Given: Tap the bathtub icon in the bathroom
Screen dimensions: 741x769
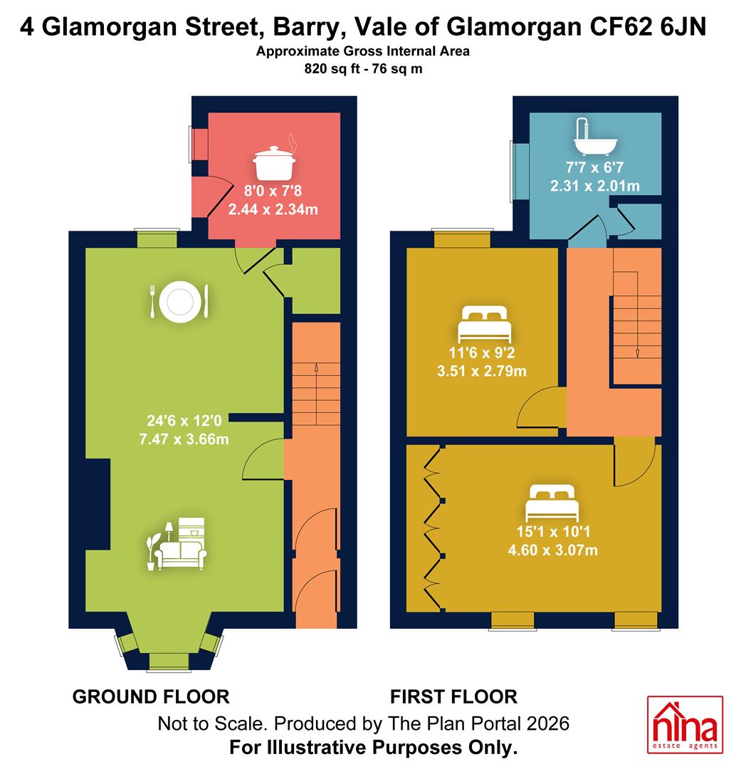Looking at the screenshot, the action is click(595, 137).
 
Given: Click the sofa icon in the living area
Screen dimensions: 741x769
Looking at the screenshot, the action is click(177, 544).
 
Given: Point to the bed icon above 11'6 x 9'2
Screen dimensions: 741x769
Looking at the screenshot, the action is click(485, 324).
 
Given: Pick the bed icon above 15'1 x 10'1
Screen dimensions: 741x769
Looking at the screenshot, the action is click(552, 503).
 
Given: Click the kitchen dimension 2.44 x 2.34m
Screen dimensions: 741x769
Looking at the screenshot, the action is click(273, 210).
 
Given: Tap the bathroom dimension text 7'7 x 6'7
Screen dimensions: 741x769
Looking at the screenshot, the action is click(594, 167).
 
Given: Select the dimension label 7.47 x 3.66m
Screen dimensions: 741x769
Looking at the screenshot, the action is click(184, 439).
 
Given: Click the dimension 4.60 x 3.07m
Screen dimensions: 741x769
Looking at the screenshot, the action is click(552, 550).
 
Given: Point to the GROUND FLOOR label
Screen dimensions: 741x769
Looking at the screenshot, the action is click(151, 697).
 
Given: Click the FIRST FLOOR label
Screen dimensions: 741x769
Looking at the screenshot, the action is click(453, 697).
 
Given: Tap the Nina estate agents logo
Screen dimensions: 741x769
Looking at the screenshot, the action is click(685, 724).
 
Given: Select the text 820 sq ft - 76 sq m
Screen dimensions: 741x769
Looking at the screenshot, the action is click(364, 68).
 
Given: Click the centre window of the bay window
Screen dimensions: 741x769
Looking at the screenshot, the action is click(169, 661).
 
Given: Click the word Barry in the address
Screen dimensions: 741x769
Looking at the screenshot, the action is click(306, 28).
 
